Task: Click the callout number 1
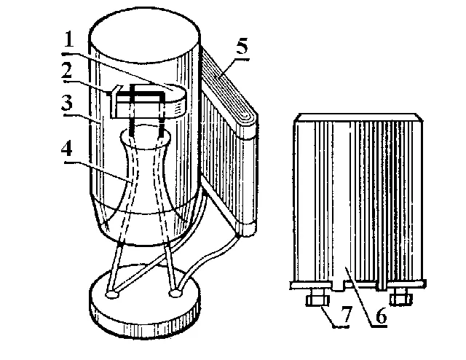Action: pos(69,39)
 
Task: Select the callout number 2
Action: pos(67,71)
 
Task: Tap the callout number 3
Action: pos(67,103)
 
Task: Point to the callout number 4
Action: pos(67,148)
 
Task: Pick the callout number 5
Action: pos(242,47)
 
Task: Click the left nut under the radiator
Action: pos(317,300)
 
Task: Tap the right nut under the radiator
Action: pos(401,299)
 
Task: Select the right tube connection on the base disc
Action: pos(175,294)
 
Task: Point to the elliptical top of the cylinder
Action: pos(144,36)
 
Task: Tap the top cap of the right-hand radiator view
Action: pos(358,117)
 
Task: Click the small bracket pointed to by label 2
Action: pos(113,101)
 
